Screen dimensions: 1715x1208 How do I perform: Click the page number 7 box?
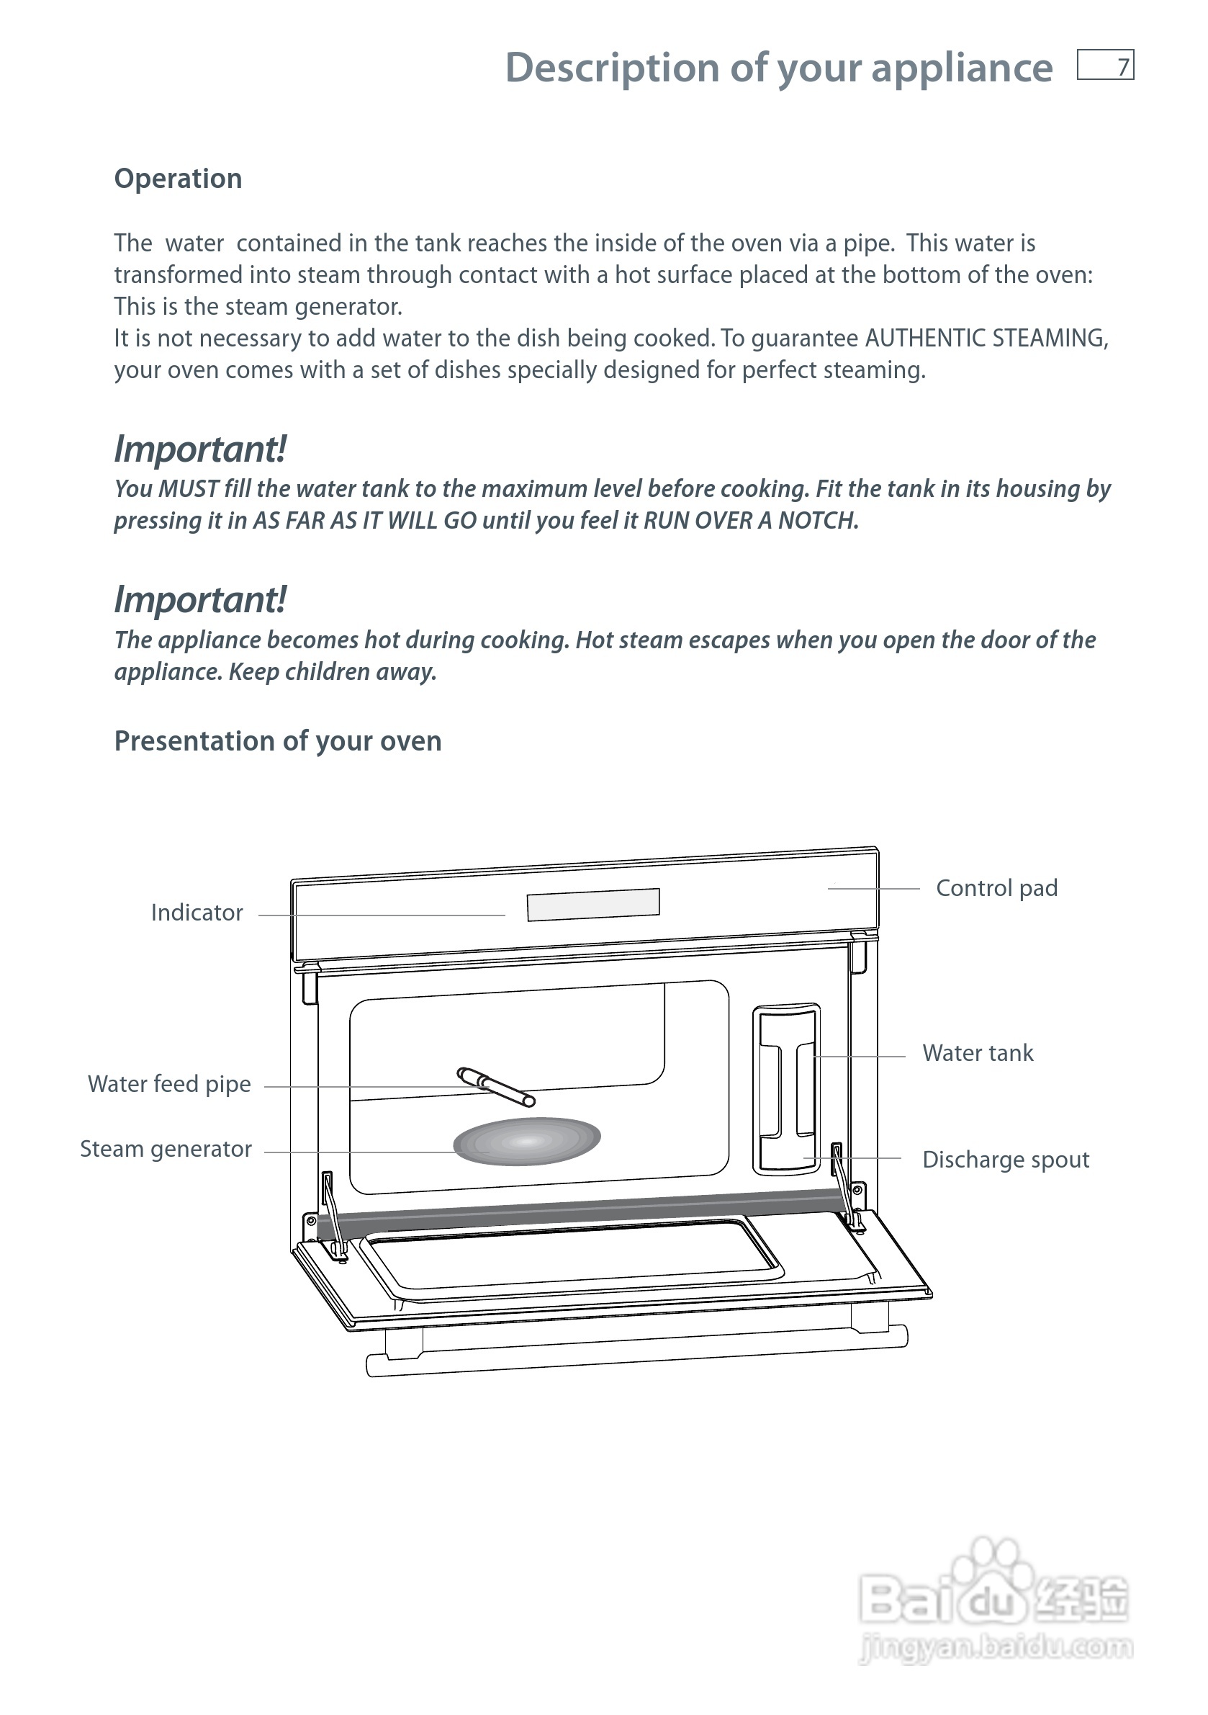click(1105, 65)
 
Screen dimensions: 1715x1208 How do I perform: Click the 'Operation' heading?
click(178, 179)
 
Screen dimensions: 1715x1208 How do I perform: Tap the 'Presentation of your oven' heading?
click(278, 741)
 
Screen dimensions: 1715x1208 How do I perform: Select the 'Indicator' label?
click(197, 913)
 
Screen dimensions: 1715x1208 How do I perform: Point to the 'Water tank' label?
click(978, 1053)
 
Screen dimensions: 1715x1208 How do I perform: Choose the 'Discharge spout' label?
click(1005, 1159)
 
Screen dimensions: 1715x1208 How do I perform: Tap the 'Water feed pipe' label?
click(169, 1084)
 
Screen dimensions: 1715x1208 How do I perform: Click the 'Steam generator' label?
click(166, 1149)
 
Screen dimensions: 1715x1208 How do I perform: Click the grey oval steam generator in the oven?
click(527, 1141)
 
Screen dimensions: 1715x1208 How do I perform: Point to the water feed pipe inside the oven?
click(496, 1087)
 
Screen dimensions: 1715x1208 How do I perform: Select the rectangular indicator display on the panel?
click(592, 905)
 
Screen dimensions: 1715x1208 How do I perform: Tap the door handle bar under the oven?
click(636, 1355)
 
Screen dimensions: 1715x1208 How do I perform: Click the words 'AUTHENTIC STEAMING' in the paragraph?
click(986, 339)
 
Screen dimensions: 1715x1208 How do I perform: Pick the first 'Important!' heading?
click(200, 449)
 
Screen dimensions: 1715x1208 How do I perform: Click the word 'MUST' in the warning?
click(189, 488)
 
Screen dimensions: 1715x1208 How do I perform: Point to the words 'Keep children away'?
click(333, 671)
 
